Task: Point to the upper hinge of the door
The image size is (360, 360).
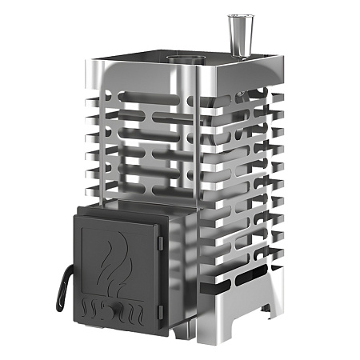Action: pos(159,242)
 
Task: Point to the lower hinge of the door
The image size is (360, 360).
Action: pos(159,308)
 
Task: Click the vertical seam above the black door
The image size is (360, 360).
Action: pos(191,144)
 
